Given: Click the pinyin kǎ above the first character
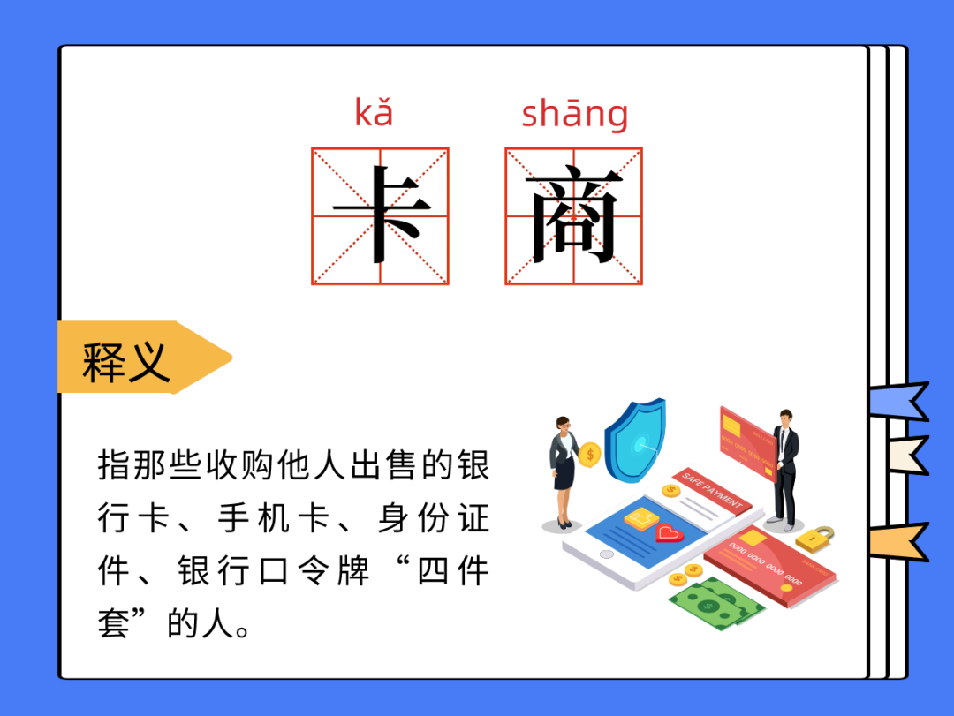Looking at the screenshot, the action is pyautogui.click(x=374, y=112).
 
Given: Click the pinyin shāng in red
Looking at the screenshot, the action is pyautogui.click(x=575, y=115).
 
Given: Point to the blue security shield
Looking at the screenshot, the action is pyautogui.click(x=635, y=441).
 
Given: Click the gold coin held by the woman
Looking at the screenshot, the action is pyautogui.click(x=589, y=455).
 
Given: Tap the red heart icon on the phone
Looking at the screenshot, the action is pyautogui.click(x=670, y=533).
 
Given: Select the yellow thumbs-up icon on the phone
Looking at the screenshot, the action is pyautogui.click(x=641, y=518).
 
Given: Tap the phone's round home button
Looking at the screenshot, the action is pyautogui.click(x=607, y=554).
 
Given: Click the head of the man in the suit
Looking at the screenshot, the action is pyautogui.click(x=785, y=418).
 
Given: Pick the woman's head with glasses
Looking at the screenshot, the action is pyautogui.click(x=564, y=425).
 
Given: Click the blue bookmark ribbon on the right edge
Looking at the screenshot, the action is pyautogui.click(x=899, y=401).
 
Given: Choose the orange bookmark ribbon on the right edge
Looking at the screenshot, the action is pyautogui.click(x=899, y=541).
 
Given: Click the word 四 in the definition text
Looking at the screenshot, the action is pyautogui.click(x=433, y=571).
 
